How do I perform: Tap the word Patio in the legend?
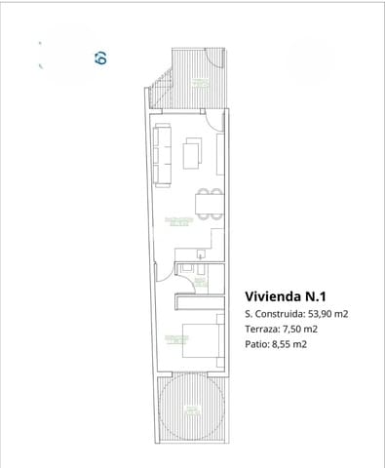click(x=257, y=344)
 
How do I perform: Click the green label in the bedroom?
click(x=176, y=339)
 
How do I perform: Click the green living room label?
click(x=177, y=220)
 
